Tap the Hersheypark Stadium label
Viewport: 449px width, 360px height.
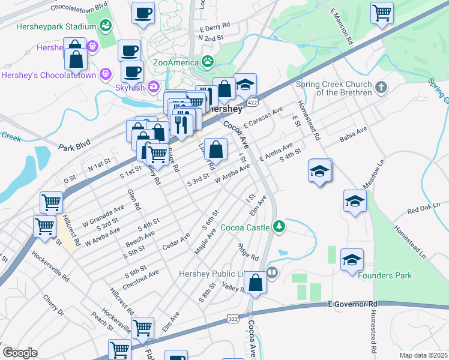point(43,27)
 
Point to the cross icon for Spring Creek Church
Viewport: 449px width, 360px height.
point(379,89)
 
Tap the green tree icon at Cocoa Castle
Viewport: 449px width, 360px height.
point(278,226)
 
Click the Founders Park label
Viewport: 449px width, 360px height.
point(385,275)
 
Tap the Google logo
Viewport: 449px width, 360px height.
point(20,353)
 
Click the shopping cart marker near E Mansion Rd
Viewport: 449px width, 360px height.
point(382,13)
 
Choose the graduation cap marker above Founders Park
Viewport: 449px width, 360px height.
point(352,261)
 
